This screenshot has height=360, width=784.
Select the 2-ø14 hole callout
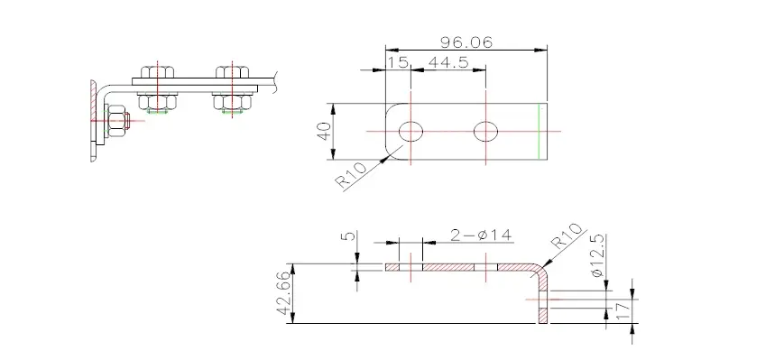480,236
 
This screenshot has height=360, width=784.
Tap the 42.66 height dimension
286,293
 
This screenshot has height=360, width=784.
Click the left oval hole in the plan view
410,132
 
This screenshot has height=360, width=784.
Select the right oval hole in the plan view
486,132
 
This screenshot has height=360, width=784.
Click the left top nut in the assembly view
158,73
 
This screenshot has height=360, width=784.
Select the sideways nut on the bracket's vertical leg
118,120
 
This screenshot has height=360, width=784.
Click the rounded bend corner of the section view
540,270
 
